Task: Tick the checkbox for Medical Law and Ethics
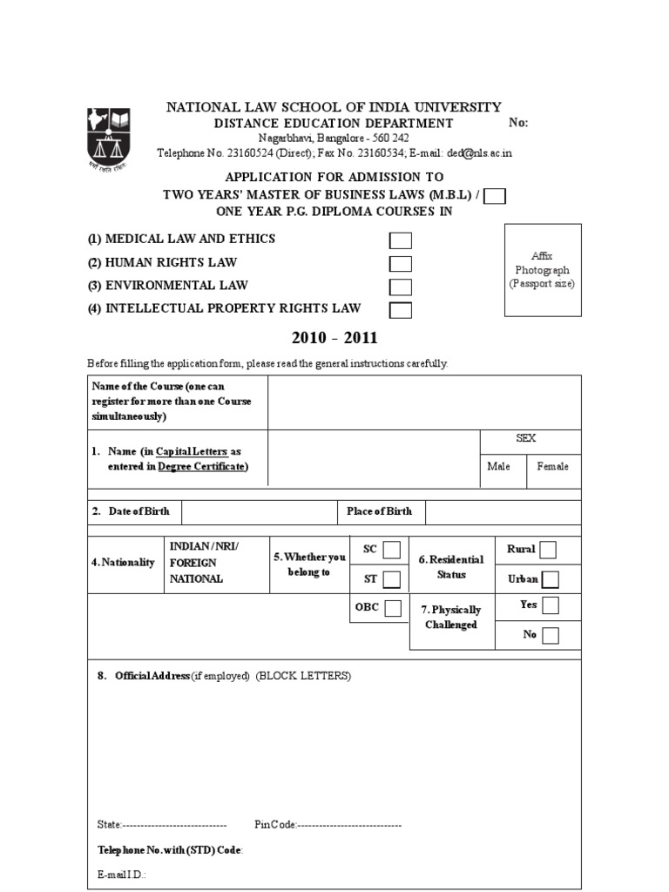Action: pos(401,241)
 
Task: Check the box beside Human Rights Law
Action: pos(401,264)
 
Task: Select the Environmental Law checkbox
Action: pos(401,287)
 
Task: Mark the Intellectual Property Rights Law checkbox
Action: pos(401,310)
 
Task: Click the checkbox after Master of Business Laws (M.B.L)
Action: pos(495,196)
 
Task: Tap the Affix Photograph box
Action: pos(543,270)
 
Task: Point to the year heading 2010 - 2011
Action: pos(334,338)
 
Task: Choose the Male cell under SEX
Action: pos(499,467)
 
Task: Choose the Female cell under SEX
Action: pos(552,467)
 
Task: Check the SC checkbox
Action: pos(392,550)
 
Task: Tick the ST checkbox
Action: pos(392,579)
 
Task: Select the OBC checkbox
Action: pos(393,608)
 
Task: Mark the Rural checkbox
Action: pos(548,550)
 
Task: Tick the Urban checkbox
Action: pos(551,579)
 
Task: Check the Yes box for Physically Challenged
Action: pos(550,605)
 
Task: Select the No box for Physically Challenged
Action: pos(550,636)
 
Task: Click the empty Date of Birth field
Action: pos(259,512)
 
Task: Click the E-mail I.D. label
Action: pos(121,874)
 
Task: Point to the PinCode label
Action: pos(276,824)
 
